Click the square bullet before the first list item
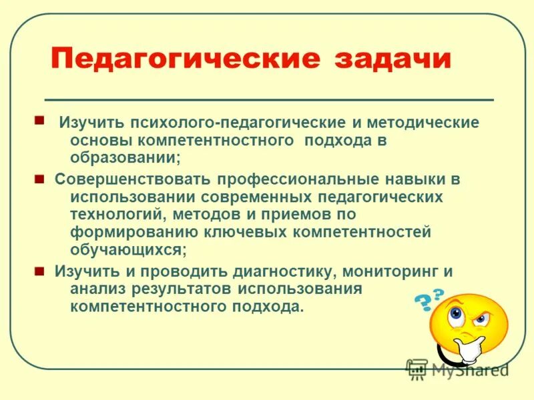39,121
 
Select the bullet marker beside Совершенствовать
39,179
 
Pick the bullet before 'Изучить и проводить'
39,271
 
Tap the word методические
418,124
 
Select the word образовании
123,159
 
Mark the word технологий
117,215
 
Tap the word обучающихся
127,249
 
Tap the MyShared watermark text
467,369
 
